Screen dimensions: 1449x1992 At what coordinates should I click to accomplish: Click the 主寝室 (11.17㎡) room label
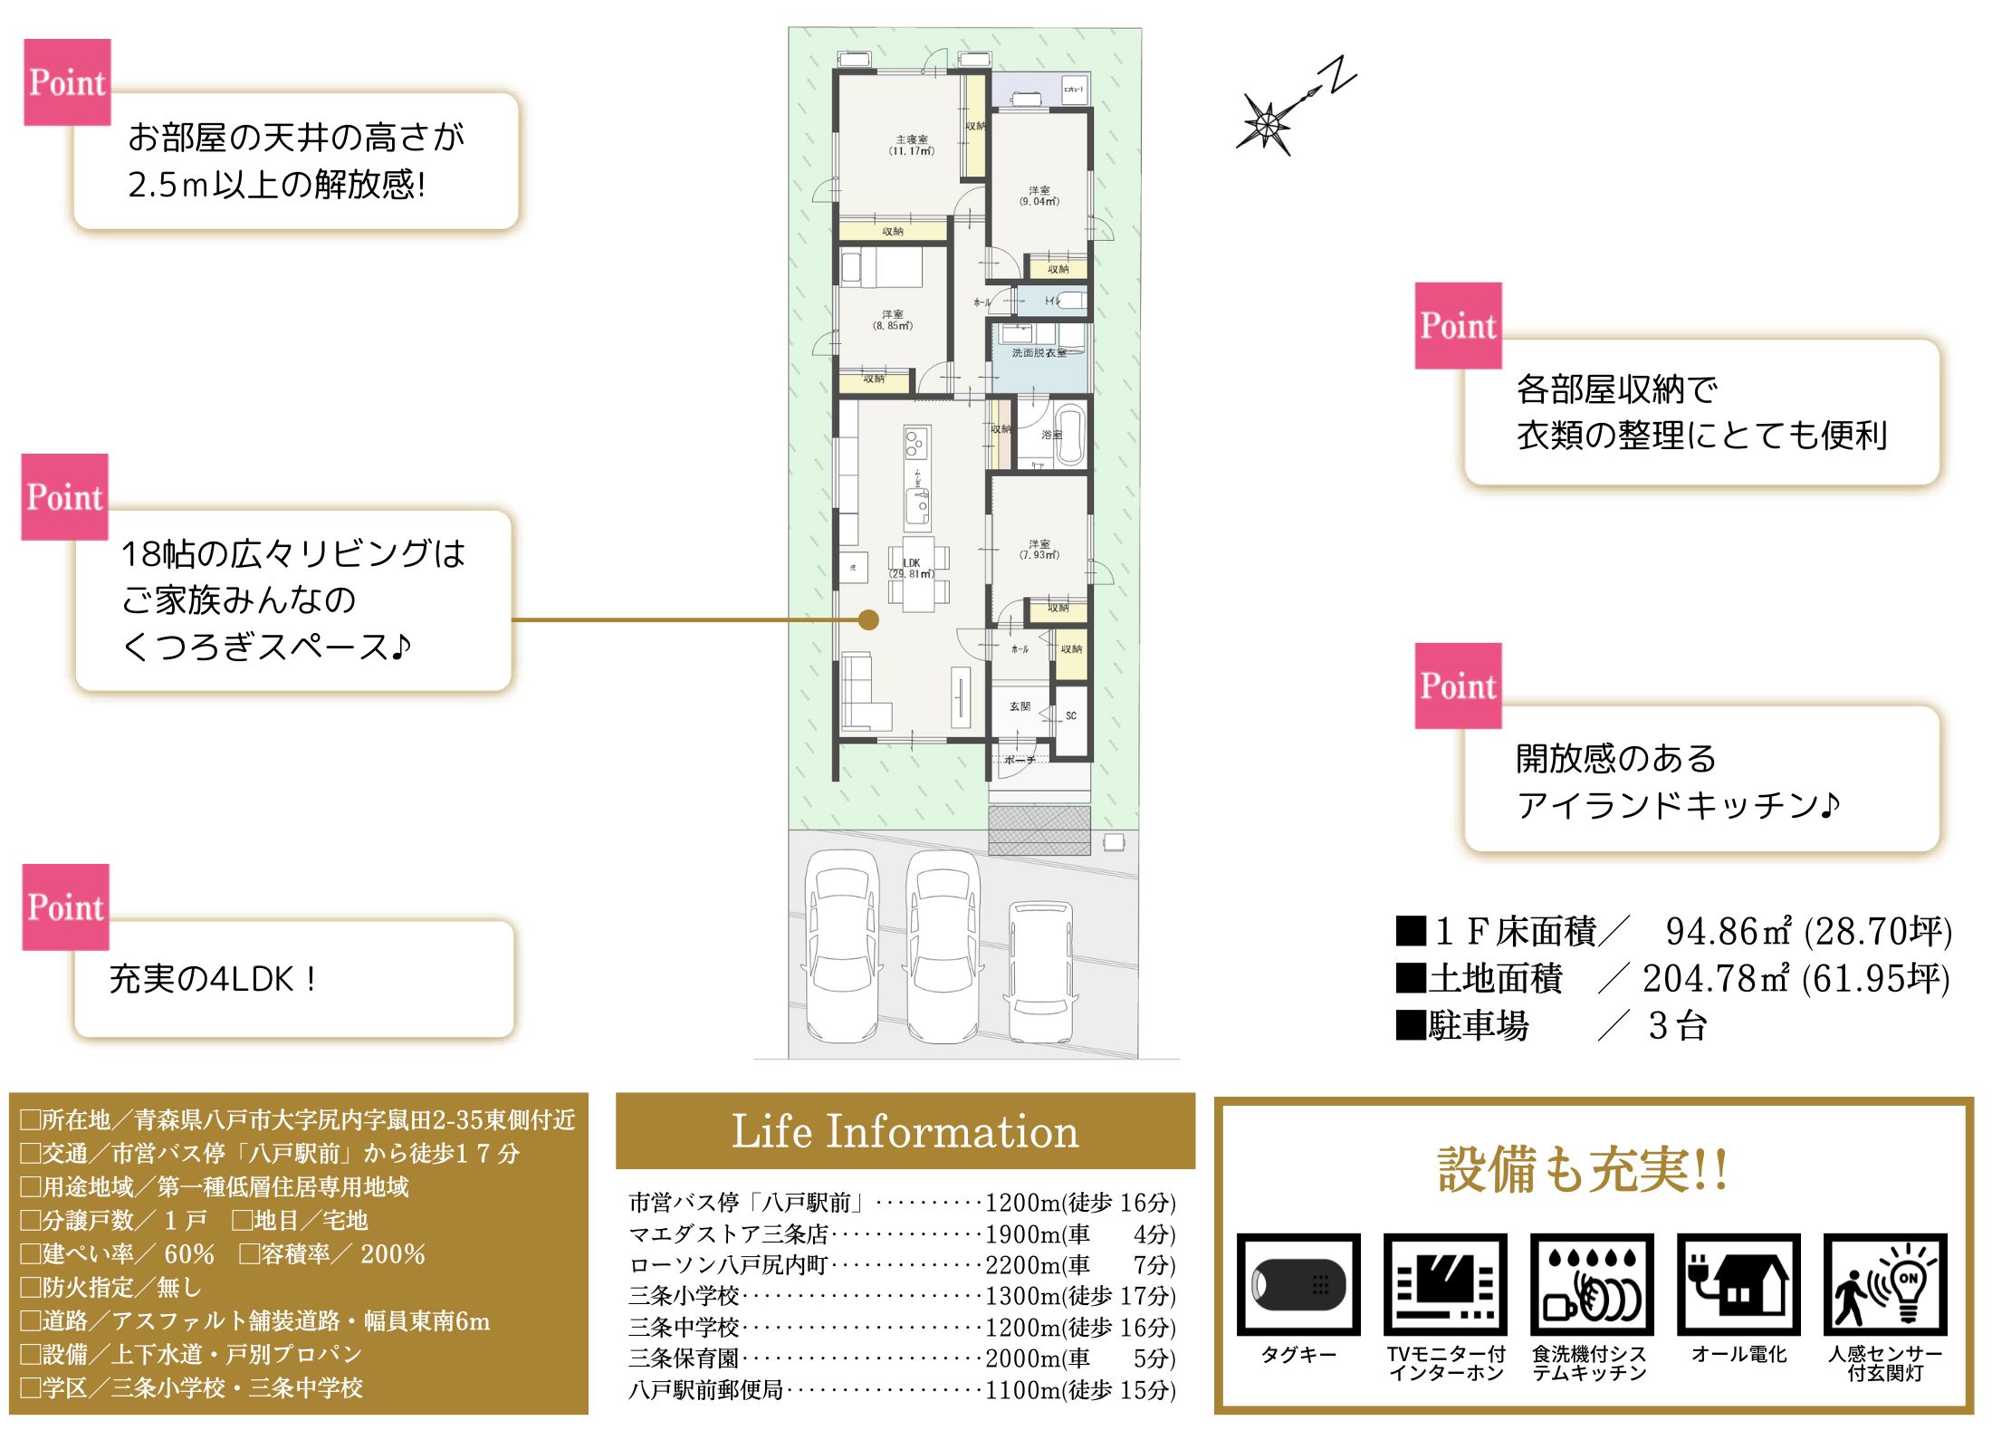point(911,146)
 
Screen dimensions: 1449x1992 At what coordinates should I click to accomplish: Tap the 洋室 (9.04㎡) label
point(1039,197)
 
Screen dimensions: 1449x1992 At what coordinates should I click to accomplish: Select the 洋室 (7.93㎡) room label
point(1039,550)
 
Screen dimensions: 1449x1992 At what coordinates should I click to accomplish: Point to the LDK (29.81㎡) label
point(911,568)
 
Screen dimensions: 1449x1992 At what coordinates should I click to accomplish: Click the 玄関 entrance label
point(1020,706)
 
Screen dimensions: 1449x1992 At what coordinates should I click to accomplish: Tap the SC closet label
point(1071,715)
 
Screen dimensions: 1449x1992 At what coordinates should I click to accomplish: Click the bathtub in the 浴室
point(1071,435)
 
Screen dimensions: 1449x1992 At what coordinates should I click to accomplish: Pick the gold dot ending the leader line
point(868,620)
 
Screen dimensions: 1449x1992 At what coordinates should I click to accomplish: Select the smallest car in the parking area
point(1041,969)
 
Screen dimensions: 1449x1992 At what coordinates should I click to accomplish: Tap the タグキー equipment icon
point(1298,1284)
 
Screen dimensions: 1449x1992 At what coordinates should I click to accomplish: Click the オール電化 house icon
point(1738,1284)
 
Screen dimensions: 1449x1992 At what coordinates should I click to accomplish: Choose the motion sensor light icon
point(1885,1284)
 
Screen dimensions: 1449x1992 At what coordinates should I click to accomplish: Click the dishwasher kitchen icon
point(1592,1284)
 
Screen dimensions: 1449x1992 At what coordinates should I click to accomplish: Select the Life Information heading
point(905,1132)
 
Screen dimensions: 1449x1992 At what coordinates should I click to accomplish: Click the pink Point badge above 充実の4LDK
point(65,907)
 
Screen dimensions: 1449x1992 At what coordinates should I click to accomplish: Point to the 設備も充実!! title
point(1583,1169)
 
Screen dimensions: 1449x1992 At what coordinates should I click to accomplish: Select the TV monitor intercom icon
point(1445,1284)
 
